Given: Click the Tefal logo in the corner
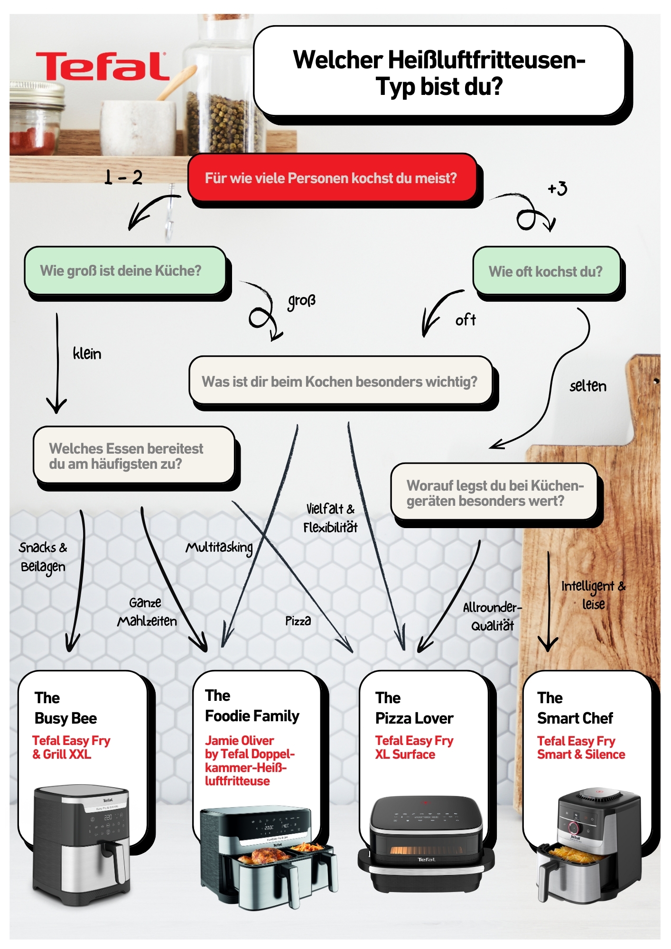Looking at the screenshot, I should pyautogui.click(x=102, y=66).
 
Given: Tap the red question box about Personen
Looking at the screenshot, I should pyautogui.click(x=331, y=178).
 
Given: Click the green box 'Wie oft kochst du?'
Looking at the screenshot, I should pyautogui.click(x=546, y=271).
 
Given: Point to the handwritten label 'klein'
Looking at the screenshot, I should pyautogui.click(x=87, y=354).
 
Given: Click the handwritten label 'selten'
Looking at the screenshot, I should pyautogui.click(x=587, y=386).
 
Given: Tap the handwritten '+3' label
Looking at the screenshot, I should pyautogui.click(x=558, y=188).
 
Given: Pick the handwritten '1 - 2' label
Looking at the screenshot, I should pyautogui.click(x=123, y=177).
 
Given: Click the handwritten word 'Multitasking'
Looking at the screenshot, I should pyautogui.click(x=219, y=548).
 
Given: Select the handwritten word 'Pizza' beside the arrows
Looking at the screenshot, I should pyautogui.click(x=298, y=621).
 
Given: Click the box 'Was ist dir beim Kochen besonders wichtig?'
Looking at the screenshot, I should pyautogui.click(x=340, y=381).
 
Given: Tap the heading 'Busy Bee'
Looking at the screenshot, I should pyautogui.click(x=65, y=718).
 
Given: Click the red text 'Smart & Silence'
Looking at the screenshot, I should pyautogui.click(x=581, y=754).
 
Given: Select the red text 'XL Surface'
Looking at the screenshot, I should pyautogui.click(x=405, y=754).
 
